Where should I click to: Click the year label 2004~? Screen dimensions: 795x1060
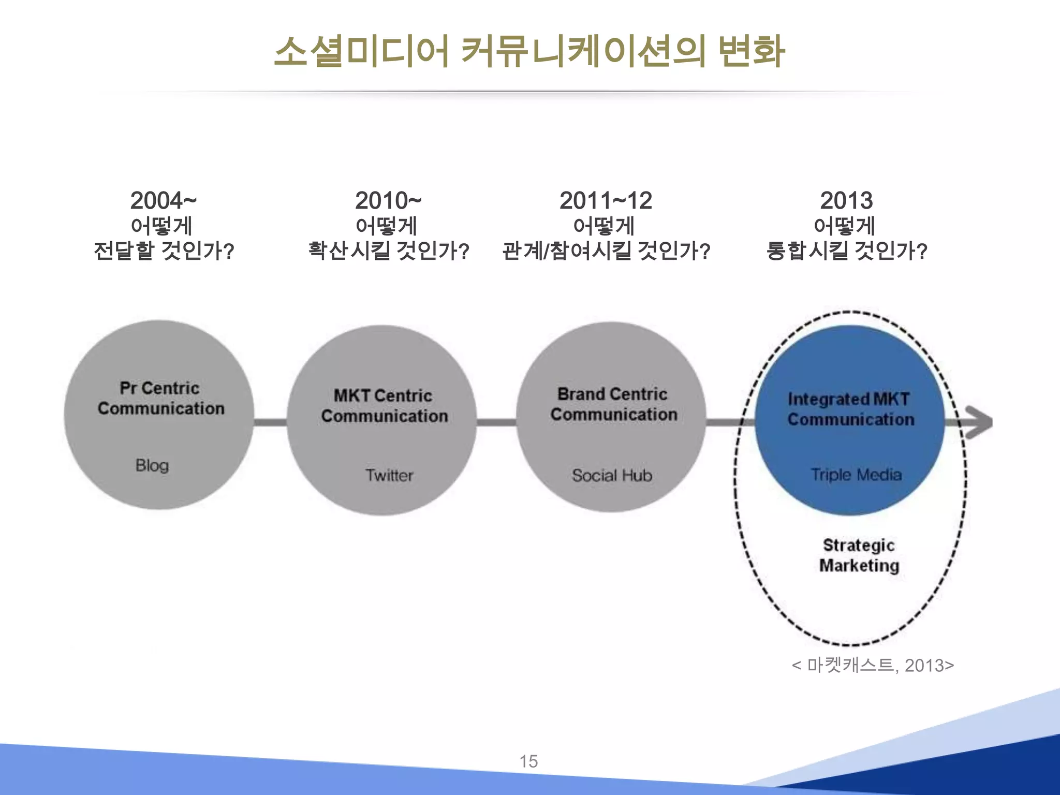pos(163,201)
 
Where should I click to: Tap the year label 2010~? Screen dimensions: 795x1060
pos(388,201)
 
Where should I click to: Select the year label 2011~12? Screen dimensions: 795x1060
pos(606,201)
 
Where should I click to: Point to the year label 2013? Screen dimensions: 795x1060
pos(846,201)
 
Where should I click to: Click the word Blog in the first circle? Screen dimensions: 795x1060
pos(152,465)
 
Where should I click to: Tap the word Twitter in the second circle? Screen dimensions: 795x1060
pos(389,475)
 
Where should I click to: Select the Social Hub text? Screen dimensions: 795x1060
pos(612,475)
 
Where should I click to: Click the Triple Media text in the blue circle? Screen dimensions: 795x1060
pos(856,475)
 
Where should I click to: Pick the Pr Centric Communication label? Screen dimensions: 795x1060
pos(160,398)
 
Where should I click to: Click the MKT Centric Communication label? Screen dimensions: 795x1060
pos(384,406)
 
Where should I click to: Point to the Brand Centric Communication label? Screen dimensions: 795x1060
pos(613,404)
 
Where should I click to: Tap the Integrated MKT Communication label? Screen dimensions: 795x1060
pos(850,409)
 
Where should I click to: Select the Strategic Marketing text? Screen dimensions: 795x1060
pos(859,555)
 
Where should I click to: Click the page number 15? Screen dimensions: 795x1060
pos(528,761)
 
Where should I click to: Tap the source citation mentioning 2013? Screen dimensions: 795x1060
pos(873,665)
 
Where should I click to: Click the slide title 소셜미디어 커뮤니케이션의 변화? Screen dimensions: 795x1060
pos(529,52)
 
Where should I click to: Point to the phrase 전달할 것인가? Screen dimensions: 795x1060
pos(164,251)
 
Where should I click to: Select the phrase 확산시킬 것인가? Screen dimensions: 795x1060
pos(388,251)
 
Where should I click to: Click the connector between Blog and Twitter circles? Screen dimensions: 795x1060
pos(270,422)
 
